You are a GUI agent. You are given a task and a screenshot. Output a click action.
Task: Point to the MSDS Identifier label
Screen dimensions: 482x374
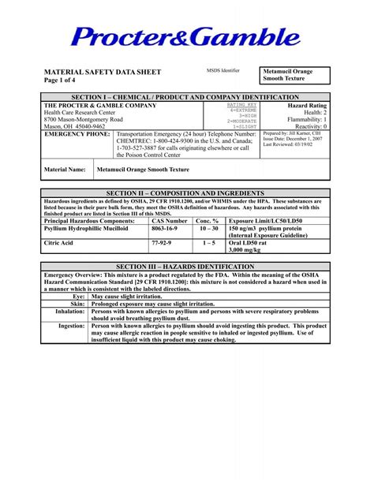click(x=223, y=71)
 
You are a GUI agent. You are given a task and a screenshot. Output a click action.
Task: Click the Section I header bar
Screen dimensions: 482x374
click(x=186, y=96)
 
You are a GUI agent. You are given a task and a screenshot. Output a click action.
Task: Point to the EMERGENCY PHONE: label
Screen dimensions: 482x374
click(x=77, y=134)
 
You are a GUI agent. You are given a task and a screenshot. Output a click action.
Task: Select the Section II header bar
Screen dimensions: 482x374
click(x=186, y=192)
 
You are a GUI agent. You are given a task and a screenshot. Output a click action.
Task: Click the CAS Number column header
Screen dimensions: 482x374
click(x=170, y=222)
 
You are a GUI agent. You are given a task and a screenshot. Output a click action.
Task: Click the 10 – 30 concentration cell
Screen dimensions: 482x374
click(x=208, y=229)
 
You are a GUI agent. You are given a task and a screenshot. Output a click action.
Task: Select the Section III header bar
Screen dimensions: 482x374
click(x=186, y=267)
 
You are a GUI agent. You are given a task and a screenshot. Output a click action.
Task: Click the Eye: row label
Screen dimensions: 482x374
click(x=78, y=297)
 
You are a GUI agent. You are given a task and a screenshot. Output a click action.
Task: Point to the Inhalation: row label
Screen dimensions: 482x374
click(x=70, y=312)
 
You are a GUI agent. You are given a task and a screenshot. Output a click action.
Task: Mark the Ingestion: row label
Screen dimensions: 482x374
click(x=72, y=326)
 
